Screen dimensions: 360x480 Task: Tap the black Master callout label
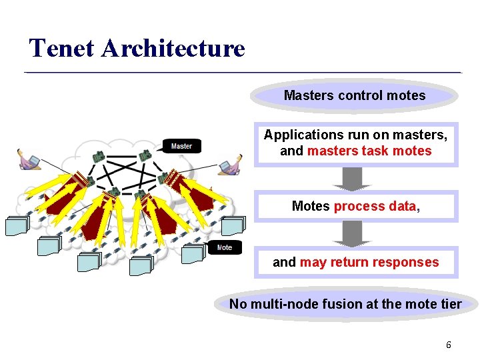(x=181, y=146)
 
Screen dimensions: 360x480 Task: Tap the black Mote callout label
(x=225, y=247)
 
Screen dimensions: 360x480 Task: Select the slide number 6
(x=449, y=345)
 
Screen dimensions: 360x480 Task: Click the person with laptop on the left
(x=29, y=160)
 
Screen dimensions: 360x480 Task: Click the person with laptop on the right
(x=231, y=164)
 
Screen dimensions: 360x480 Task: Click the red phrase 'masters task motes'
(x=369, y=151)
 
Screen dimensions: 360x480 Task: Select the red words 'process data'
(x=375, y=206)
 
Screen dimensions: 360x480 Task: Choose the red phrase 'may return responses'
(x=369, y=262)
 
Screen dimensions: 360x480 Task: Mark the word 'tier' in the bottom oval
(x=451, y=304)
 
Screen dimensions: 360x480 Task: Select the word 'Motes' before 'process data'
(x=311, y=206)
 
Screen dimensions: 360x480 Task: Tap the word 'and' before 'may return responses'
(x=284, y=262)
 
